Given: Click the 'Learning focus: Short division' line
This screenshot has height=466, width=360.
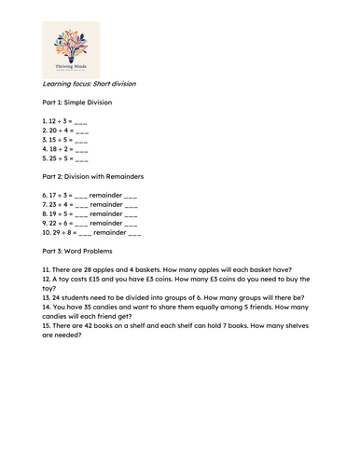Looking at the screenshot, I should coord(90,84).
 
